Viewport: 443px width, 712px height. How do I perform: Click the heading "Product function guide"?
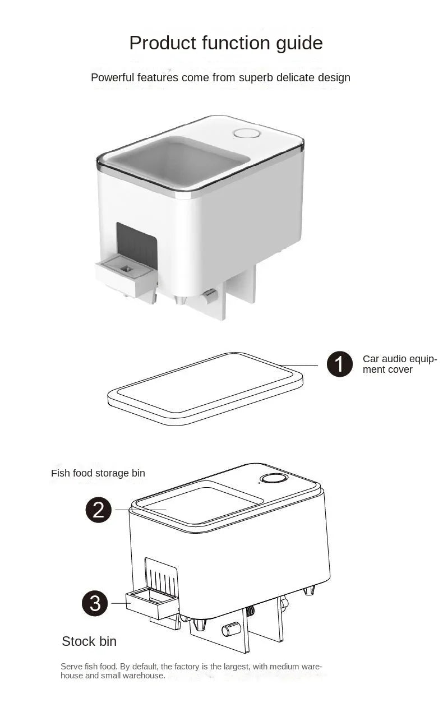point(225,43)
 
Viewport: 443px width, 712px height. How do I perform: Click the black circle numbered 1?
point(340,364)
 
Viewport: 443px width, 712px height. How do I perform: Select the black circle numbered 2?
point(99,510)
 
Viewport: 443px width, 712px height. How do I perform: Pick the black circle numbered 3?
point(95,603)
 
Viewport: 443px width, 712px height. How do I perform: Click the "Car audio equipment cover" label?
point(399,364)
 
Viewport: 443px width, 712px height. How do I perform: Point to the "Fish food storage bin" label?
point(98,473)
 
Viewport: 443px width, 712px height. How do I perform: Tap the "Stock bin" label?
point(89,641)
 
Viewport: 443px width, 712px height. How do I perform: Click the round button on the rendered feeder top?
point(247,133)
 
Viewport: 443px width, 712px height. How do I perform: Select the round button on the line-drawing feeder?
point(274,479)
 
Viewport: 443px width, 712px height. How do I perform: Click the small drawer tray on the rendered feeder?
point(126,274)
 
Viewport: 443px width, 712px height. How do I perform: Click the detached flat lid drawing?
point(205,387)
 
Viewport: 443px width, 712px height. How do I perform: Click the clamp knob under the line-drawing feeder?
point(231,629)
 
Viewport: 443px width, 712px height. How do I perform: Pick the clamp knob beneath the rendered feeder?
point(210,295)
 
